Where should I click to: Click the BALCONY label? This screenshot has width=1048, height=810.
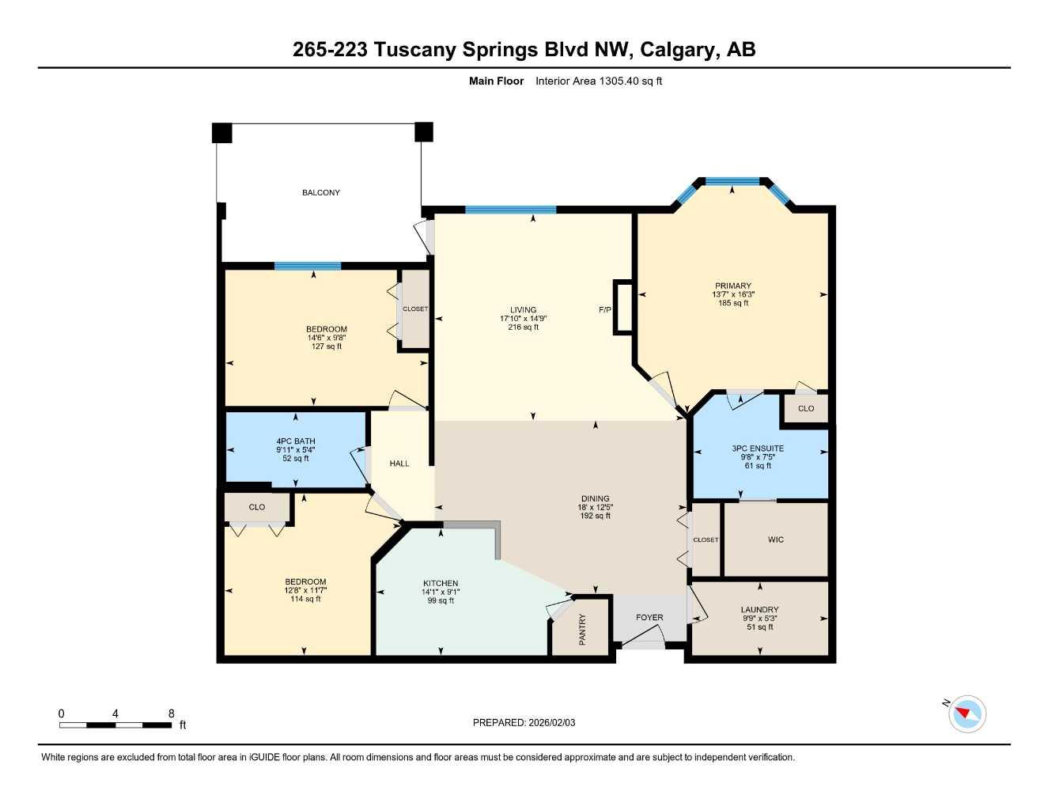click(x=320, y=192)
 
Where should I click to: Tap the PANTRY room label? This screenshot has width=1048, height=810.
click(x=582, y=630)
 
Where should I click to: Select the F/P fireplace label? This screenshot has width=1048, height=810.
click(x=605, y=309)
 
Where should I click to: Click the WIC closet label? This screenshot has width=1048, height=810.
click(x=775, y=539)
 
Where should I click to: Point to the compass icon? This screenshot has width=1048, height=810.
click(x=967, y=714)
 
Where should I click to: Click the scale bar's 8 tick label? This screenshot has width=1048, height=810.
click(x=171, y=713)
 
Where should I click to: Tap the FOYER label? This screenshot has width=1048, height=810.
click(x=649, y=618)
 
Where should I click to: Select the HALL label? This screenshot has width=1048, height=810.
click(x=399, y=464)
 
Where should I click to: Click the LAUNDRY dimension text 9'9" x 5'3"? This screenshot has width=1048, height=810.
click(x=759, y=619)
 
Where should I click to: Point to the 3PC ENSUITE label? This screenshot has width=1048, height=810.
click(x=758, y=449)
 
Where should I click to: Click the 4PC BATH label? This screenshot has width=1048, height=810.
click(x=295, y=441)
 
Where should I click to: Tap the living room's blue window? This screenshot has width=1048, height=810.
click(x=510, y=210)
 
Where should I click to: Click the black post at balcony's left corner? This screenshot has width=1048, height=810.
click(x=221, y=133)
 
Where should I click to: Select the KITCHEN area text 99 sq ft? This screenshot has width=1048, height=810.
click(x=441, y=600)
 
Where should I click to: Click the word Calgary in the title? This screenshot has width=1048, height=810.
click(x=677, y=50)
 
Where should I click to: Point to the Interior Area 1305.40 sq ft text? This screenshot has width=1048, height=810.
click(x=598, y=81)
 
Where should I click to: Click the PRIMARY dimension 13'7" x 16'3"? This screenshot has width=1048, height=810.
click(x=732, y=294)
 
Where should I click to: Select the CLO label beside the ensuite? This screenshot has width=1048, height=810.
click(x=805, y=409)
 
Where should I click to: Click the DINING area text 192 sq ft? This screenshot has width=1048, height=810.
click(x=595, y=516)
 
